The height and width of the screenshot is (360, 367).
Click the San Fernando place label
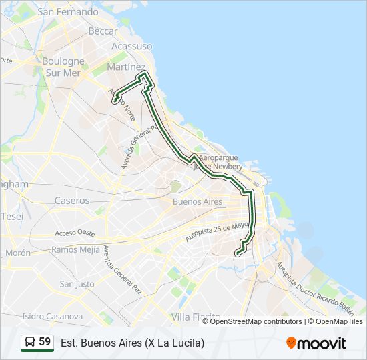(68, 12)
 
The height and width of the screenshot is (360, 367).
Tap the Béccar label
(103, 31)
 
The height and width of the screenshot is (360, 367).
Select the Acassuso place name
(131, 46)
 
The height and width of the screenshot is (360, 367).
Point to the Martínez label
(126, 67)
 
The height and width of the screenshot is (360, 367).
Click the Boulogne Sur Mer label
(63, 66)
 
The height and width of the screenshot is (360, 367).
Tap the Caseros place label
(72, 200)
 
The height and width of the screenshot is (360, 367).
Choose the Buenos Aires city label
(197, 201)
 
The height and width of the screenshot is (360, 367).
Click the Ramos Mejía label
(75, 249)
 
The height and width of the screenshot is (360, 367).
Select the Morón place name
(18, 253)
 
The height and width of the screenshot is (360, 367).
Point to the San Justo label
(77, 283)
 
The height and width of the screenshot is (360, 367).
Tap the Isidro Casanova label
(43, 316)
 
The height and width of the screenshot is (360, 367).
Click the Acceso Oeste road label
(75, 233)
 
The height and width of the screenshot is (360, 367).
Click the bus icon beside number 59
(29, 342)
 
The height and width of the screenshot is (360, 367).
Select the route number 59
(45, 342)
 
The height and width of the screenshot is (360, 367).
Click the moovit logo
(316, 343)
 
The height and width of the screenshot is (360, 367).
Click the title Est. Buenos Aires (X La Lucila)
(132, 343)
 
